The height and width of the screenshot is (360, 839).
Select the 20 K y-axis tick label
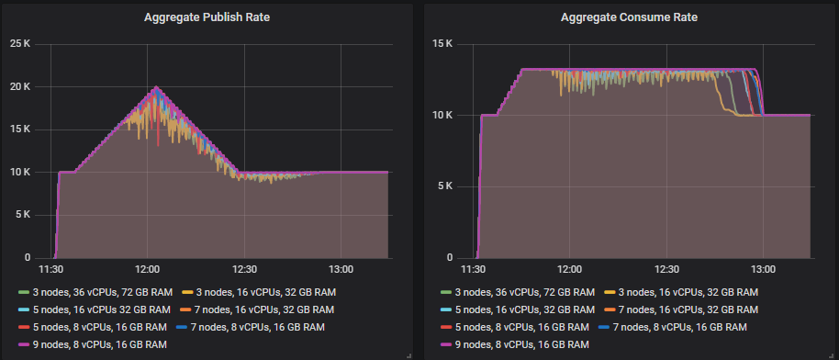[x=19, y=86]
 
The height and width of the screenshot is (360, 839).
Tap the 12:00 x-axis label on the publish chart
[x=148, y=270]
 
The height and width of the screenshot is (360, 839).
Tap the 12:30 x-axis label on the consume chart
[x=666, y=270]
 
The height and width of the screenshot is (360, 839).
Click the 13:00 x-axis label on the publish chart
[x=341, y=270]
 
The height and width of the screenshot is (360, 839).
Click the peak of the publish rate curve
[x=156, y=87]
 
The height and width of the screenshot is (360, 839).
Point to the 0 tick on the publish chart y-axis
[x=28, y=258]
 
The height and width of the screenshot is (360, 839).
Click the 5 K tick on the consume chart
[x=446, y=186]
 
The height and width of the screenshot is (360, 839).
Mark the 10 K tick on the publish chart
[x=19, y=172]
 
